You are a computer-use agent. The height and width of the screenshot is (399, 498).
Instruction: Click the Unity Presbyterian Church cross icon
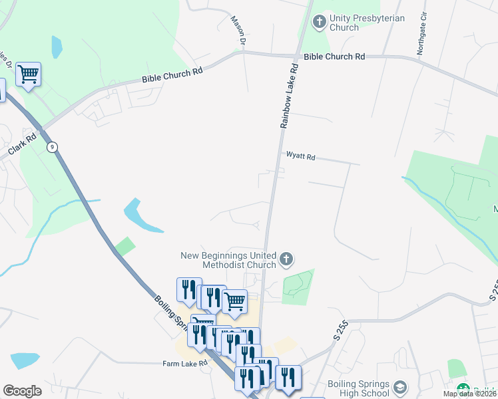click(319, 22)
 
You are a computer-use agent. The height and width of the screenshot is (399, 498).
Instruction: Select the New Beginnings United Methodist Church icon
click(286, 259)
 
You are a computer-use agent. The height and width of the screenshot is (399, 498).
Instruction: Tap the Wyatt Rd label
click(300, 157)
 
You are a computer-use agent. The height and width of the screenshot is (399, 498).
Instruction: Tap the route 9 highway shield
click(52, 146)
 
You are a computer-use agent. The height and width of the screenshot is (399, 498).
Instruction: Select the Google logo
click(22, 391)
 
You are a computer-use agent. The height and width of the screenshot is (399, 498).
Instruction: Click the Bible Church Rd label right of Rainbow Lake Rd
click(334, 57)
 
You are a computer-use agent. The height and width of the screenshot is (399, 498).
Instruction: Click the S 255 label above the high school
click(340, 328)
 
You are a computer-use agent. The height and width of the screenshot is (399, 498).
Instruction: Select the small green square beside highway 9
click(124, 246)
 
